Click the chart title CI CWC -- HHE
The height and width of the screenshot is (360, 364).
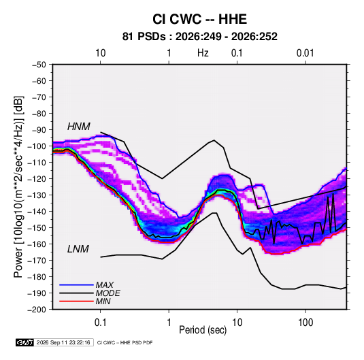tap(199, 19)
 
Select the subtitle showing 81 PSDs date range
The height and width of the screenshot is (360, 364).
tap(199, 37)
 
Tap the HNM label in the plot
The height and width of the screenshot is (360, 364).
tap(79, 127)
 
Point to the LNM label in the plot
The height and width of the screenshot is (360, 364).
tap(78, 249)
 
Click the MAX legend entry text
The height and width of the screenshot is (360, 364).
tap(105, 285)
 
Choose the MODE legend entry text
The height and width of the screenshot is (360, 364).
tap(108, 293)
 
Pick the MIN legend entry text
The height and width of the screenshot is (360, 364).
tap(103, 301)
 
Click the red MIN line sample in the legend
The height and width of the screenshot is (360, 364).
tap(76, 301)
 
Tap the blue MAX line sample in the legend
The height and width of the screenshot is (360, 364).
tap(76, 284)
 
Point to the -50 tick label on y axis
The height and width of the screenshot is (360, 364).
tap(39, 65)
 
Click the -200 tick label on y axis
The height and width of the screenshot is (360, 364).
tap(37, 310)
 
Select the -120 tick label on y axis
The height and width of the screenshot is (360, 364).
tap(37, 179)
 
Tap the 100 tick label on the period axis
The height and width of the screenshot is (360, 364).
tap(305, 323)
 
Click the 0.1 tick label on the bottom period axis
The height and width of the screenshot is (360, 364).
tap(100, 323)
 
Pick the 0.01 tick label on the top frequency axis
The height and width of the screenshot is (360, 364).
tap(305, 53)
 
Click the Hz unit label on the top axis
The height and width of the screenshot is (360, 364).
tap(203, 53)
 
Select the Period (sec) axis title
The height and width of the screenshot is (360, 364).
tap(203, 330)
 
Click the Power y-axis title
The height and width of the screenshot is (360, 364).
tap(18, 187)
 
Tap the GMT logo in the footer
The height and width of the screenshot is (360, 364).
tap(25, 342)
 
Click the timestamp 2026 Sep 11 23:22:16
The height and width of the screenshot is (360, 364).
tap(63, 342)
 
